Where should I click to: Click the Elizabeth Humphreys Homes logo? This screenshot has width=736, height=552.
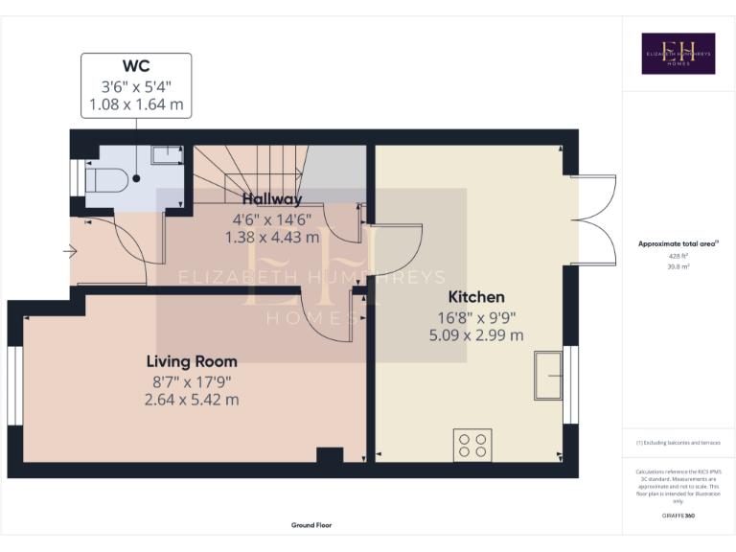[x=678, y=54]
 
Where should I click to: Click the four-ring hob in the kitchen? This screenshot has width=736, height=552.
[x=471, y=446]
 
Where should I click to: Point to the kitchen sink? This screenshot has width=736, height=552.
[x=549, y=374]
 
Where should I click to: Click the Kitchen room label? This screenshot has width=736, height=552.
[x=476, y=297]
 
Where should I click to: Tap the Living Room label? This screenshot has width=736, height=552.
[x=192, y=361]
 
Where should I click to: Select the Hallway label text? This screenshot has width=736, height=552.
[x=272, y=199]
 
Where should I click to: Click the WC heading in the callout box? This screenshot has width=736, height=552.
[x=135, y=66]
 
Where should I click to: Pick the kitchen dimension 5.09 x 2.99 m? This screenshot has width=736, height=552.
[x=476, y=335]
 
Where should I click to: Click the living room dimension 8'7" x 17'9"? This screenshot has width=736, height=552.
[x=192, y=381]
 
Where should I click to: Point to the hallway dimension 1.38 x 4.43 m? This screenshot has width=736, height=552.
[x=272, y=237]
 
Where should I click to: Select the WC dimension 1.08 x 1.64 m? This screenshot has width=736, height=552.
[x=135, y=103]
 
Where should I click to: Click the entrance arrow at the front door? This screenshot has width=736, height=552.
[x=70, y=252]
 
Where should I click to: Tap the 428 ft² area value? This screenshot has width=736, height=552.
[x=678, y=256]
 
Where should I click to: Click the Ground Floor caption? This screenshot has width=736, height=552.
[x=311, y=525]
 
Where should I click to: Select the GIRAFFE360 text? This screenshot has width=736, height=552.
[x=678, y=517]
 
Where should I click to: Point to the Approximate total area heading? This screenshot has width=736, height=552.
[x=677, y=244]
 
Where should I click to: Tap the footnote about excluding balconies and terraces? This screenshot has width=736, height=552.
[x=678, y=443]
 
